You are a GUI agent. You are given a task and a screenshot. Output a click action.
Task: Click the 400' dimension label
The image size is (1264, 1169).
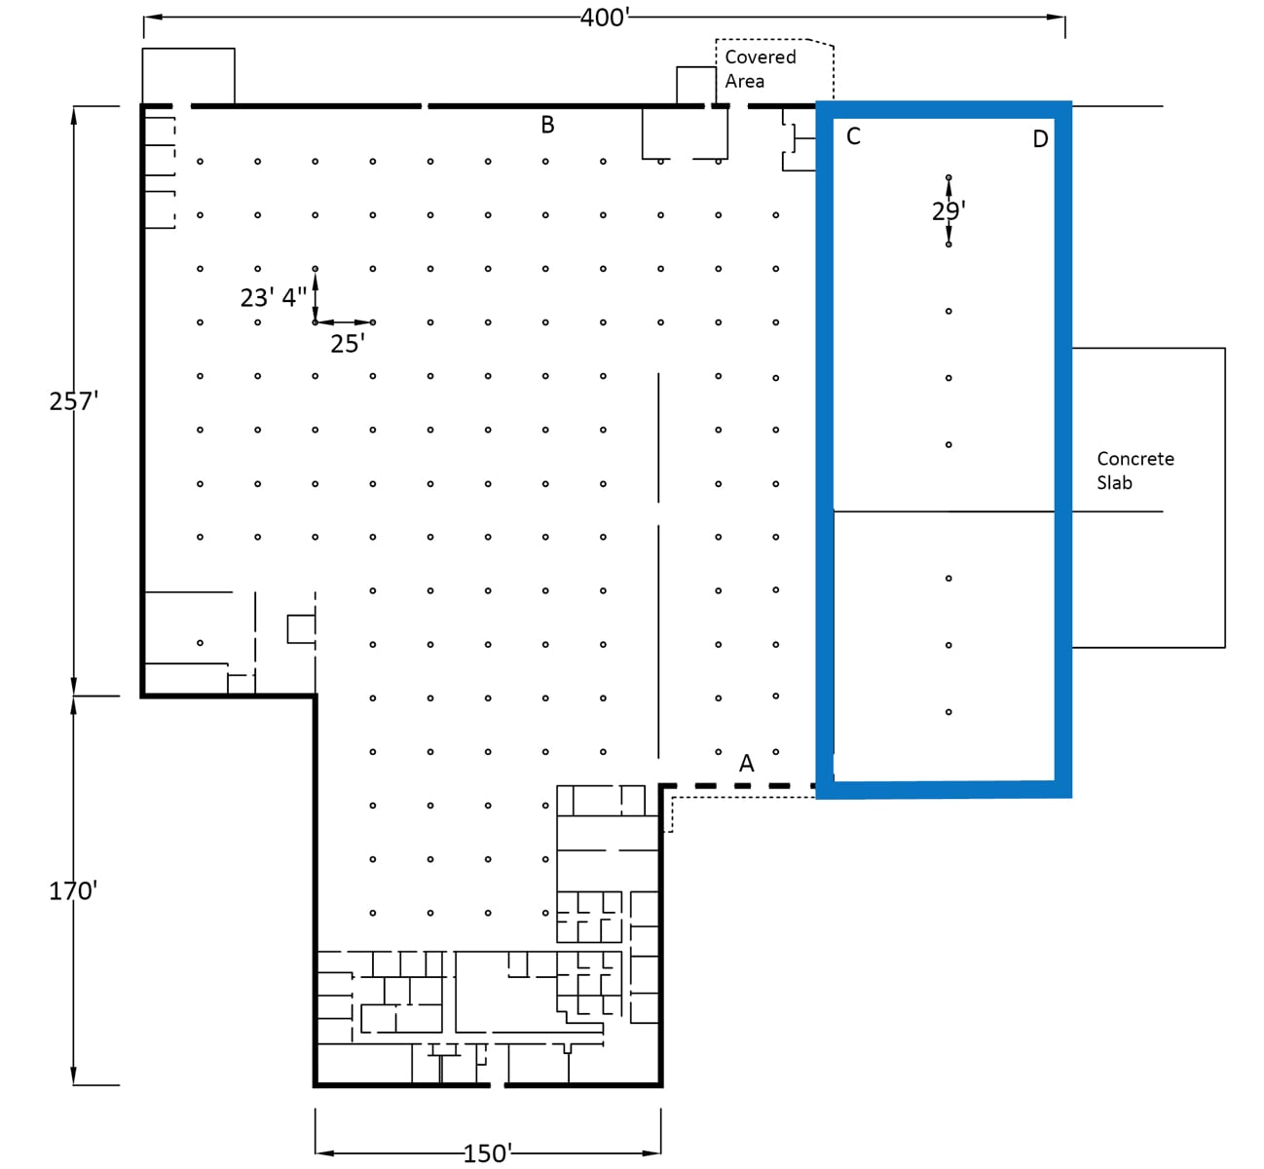coord(604,18)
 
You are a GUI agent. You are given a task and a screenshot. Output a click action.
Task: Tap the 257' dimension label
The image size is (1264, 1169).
coord(74,400)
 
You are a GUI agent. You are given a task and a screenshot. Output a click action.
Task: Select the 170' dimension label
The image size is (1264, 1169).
coord(73,890)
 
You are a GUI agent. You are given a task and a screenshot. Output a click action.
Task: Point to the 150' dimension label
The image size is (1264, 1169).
coord(486,1153)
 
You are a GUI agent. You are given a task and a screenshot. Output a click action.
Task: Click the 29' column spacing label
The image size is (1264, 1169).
coord(948,210)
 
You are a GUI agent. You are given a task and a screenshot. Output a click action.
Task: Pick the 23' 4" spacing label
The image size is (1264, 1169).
coord(273,297)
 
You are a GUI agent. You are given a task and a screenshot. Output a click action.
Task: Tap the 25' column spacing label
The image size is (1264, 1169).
coord(347,343)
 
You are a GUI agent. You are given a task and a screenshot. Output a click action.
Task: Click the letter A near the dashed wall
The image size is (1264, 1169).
coord(746,764)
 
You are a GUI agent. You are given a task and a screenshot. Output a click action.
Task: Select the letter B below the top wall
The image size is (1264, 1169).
coord(547,125)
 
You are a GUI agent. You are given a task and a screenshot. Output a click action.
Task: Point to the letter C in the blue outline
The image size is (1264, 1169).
coord(853,136)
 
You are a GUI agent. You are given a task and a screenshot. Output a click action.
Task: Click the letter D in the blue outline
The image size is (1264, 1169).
coord(1040,139)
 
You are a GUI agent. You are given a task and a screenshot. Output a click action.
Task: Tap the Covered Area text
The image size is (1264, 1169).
coord(760,68)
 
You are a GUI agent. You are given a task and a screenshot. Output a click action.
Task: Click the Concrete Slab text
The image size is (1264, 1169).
coord(1134,470)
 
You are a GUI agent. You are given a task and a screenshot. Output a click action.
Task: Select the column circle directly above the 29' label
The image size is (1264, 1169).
coord(948,178)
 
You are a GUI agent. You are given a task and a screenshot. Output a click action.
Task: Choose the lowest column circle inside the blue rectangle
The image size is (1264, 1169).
coord(948,712)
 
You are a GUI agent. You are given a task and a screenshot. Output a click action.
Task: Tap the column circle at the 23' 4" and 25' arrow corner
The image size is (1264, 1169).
coord(316,322)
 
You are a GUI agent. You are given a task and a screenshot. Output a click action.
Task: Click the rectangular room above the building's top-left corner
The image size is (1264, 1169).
coord(188,75)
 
